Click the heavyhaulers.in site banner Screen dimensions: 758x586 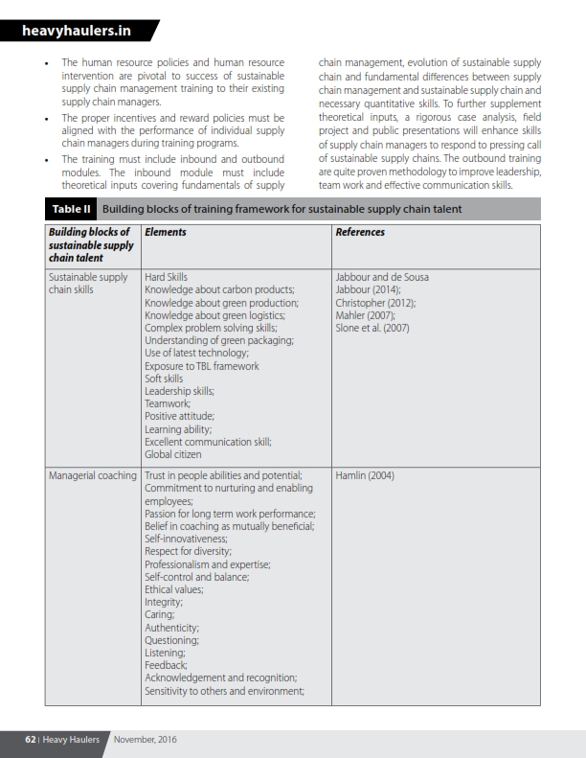coord(78,32)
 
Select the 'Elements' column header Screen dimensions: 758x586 coord(165,232)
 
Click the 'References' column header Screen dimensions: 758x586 coord(360,232)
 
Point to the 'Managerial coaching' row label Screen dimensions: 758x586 coord(92,475)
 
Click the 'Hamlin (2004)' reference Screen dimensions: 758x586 coord(365,475)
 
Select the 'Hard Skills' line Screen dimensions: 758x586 coord(166,277)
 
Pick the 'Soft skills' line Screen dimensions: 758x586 coord(164,379)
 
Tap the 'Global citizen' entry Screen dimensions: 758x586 coord(172,454)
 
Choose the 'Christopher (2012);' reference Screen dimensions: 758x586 coord(375,303)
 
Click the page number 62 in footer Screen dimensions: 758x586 coord(31,740)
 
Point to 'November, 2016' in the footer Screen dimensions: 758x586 coord(145,740)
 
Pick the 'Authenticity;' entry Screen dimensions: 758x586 coord(172,627)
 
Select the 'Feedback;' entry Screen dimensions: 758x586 coord(166,664)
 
